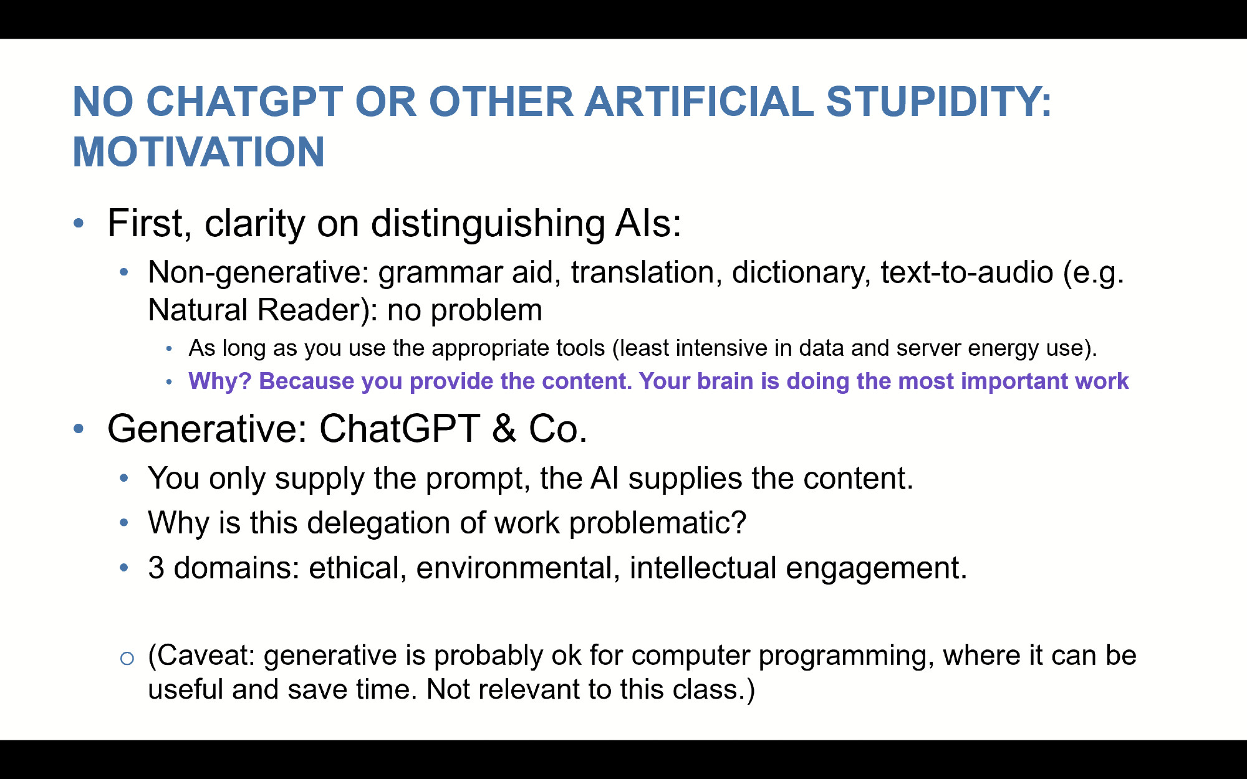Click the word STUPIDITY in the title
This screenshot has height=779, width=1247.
tap(939, 101)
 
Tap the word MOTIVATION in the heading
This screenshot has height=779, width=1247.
tap(199, 152)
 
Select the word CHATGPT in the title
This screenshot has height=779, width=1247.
tap(244, 101)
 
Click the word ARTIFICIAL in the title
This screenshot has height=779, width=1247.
tap(699, 101)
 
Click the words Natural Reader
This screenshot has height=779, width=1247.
tap(254, 310)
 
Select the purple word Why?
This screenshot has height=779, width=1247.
tap(220, 381)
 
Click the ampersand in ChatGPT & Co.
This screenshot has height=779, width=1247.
tap(504, 429)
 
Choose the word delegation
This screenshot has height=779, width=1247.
tap(378, 523)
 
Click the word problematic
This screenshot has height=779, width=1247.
tap(658, 522)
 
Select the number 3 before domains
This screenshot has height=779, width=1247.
tap(156, 568)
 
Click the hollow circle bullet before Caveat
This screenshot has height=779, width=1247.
tap(127, 658)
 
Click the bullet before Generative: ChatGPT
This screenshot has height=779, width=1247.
tap(79, 428)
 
